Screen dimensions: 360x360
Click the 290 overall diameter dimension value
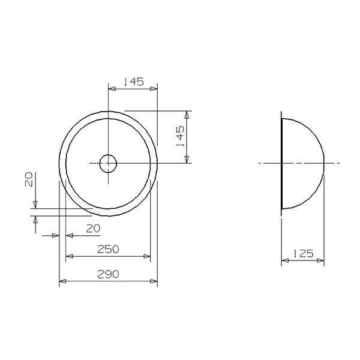click(x=108, y=274)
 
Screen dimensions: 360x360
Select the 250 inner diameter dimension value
click(x=108, y=249)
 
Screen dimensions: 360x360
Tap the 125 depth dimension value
click(x=303, y=253)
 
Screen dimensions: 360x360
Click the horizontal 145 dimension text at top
click(x=134, y=82)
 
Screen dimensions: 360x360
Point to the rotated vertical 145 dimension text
click(x=180, y=136)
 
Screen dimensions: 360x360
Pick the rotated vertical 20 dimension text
click(x=29, y=179)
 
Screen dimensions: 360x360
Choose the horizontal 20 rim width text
click(x=93, y=229)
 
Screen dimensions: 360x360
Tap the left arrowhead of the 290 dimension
click(x=62, y=281)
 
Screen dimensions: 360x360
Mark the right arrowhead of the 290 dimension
click(x=154, y=281)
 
